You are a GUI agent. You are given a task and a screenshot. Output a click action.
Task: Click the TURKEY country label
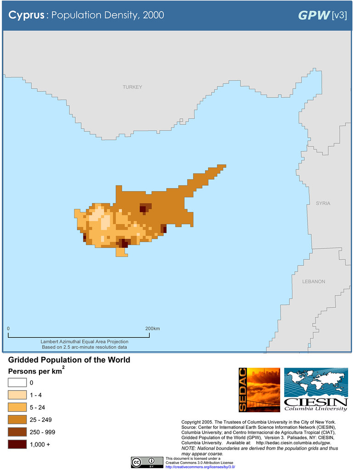[x=132, y=87]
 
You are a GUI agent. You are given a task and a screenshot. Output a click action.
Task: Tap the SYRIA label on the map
[x=323, y=203]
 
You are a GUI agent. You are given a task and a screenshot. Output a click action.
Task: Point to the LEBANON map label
[x=314, y=281]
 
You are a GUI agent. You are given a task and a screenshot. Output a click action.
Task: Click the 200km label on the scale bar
[x=152, y=329]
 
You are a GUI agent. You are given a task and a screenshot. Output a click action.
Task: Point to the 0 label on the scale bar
[x=8, y=329]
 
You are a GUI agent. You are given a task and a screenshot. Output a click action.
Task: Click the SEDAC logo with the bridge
[x=259, y=389]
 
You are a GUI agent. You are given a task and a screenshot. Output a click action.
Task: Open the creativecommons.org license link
[x=200, y=467]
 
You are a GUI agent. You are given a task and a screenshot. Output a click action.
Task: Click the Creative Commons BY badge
[x=147, y=462]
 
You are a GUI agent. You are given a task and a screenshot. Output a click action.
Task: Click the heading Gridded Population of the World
[x=69, y=360]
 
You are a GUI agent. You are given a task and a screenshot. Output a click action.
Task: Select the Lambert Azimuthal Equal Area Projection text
[x=84, y=341]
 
